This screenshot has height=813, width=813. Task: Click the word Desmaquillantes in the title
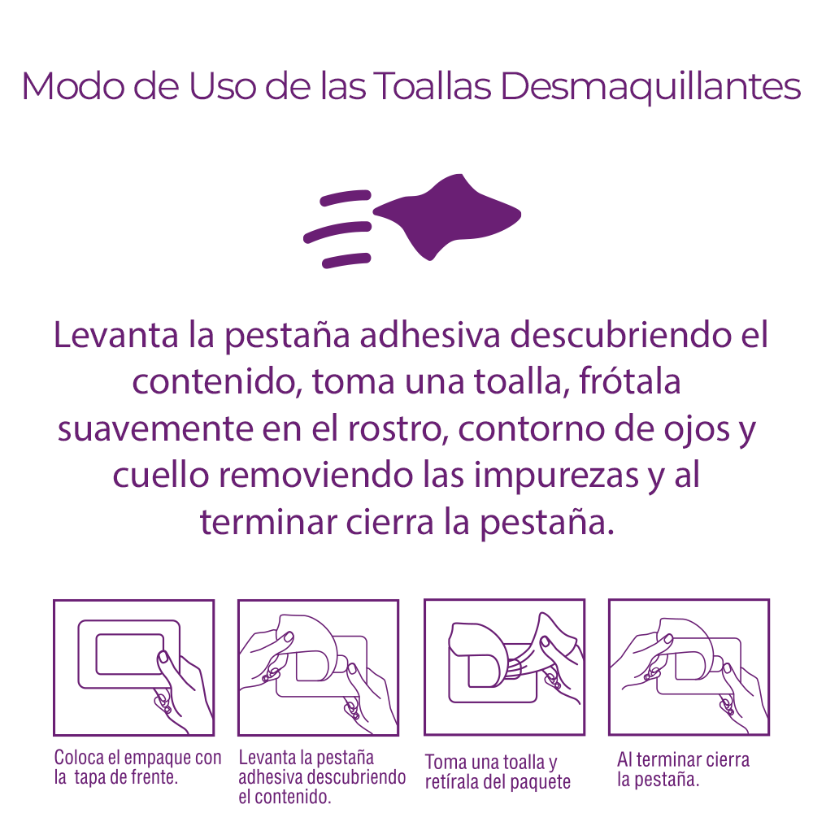pos(650,87)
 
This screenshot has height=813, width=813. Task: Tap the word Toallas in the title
pos(432,85)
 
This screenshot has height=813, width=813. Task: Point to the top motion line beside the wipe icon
pos(346,198)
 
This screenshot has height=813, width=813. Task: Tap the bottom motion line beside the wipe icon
pos(346,260)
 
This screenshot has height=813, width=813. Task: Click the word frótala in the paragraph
pos(629,381)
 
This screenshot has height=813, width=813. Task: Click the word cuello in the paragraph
pos(161,475)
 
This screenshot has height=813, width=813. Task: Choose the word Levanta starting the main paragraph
pos(116,335)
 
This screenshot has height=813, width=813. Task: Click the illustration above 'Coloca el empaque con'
pos(134,667)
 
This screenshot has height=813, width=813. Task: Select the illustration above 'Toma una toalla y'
pos(505,667)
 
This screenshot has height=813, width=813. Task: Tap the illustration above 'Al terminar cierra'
pos(689,667)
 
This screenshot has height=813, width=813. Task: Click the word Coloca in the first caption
pos(80,758)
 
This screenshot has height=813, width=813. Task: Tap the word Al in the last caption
pos(624,759)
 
